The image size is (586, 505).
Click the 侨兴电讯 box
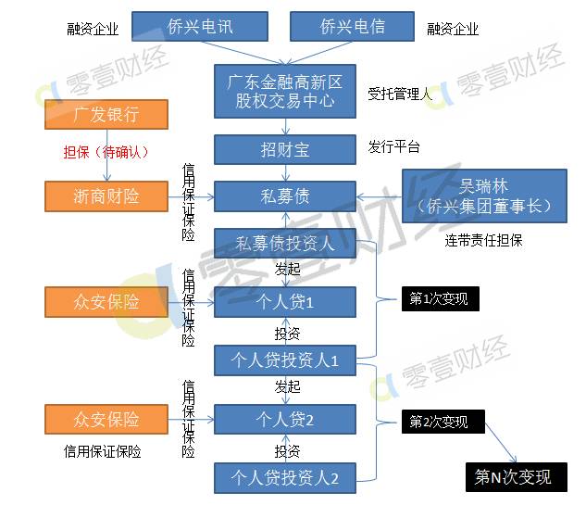pyautogui.click(x=199, y=27)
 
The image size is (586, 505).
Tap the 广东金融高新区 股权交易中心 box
pyautogui.click(x=285, y=91)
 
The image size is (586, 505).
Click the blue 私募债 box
pyautogui.click(x=285, y=196)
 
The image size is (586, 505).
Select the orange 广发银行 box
pyautogui.click(x=106, y=116)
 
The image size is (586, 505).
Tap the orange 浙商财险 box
pyautogui.click(x=106, y=196)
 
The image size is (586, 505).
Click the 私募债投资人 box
pyautogui.click(x=285, y=245)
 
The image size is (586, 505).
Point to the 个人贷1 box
pyautogui.click(x=285, y=302)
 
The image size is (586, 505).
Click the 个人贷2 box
pyautogui.click(x=285, y=420)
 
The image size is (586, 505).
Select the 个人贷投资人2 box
pyautogui.click(x=285, y=478)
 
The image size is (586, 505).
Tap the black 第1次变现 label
pyautogui.click(x=439, y=298)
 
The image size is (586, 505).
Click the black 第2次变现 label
pyautogui.click(x=439, y=422)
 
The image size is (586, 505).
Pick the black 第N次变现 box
pyautogui.click(x=512, y=477)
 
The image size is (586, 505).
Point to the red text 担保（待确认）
pyautogui.click(x=106, y=152)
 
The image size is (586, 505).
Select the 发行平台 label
pyautogui.click(x=393, y=147)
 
